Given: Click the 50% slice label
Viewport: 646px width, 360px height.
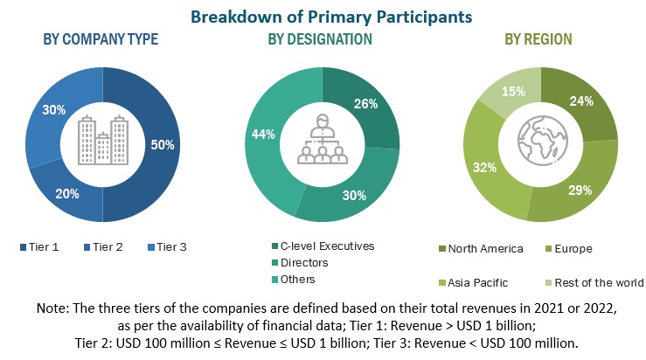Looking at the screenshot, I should pos(162,144).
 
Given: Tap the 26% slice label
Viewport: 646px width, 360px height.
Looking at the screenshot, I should pos(365,104).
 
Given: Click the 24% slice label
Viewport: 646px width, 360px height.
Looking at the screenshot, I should pos(580,101).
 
